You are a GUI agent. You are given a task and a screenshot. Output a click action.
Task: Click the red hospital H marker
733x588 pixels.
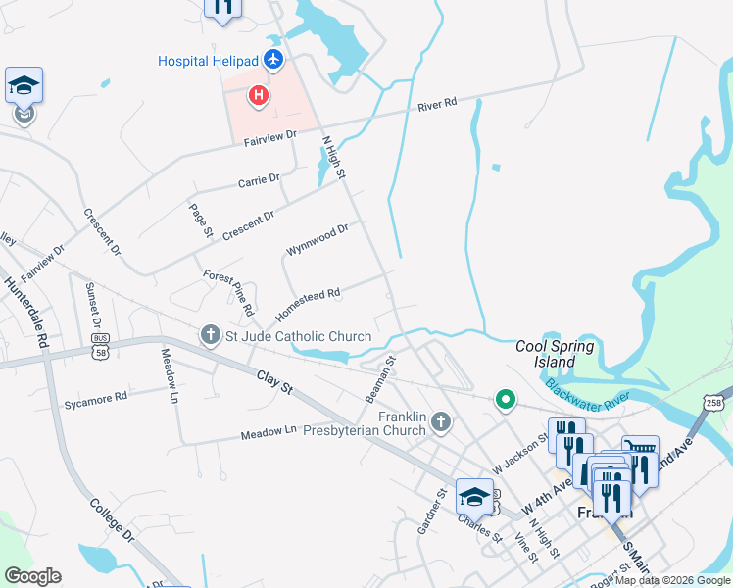pyautogui.click(x=259, y=95)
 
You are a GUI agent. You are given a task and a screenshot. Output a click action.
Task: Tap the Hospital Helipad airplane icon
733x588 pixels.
pyautogui.click(x=272, y=61)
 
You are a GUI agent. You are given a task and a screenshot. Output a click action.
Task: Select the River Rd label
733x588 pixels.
pyautogui.click(x=437, y=103)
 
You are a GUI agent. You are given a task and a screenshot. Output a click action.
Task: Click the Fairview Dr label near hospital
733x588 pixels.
pyautogui.click(x=269, y=139)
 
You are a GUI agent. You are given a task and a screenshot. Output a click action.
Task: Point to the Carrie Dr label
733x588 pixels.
pyautogui.click(x=259, y=180)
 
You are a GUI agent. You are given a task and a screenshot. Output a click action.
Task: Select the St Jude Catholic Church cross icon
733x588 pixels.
pyautogui.click(x=211, y=336)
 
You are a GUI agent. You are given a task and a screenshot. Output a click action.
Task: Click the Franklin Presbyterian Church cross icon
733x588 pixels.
pyautogui.click(x=440, y=422)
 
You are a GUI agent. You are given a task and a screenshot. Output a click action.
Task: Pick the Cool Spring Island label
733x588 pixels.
pyautogui.click(x=556, y=354)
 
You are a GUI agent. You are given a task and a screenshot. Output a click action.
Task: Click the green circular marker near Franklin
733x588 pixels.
pyautogui.click(x=505, y=399)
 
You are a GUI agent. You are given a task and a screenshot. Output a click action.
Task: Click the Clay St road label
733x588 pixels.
pyautogui.click(x=275, y=382)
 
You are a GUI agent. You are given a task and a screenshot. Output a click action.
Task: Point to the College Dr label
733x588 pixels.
pyautogui.click(x=112, y=523)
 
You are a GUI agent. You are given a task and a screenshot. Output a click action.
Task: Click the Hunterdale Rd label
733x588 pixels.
pyautogui.click(x=27, y=314)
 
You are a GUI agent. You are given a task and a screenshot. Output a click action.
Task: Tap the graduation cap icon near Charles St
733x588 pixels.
pyautogui.click(x=474, y=497)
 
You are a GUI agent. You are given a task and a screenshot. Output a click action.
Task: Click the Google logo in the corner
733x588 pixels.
pyautogui.click(x=32, y=575)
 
